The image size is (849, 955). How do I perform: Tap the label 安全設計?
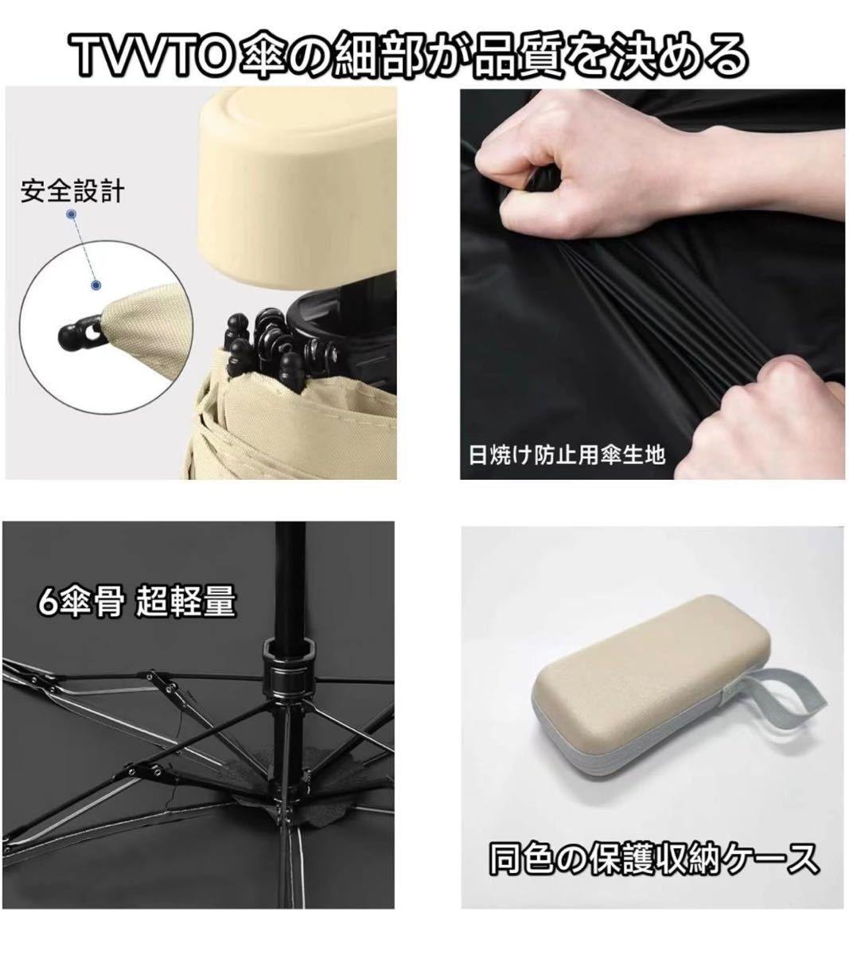[x=72, y=191]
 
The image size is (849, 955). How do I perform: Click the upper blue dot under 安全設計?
[x=72, y=214]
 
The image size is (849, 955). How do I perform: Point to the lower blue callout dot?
[x=95, y=285]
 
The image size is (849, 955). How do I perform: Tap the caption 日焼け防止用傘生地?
[x=567, y=455]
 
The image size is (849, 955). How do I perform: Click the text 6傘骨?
[x=80, y=602]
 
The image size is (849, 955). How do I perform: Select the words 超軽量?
[x=185, y=602]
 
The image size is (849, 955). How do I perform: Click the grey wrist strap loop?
[x=773, y=707]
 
